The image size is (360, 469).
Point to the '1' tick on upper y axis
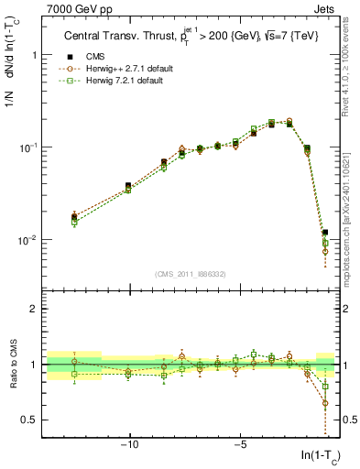(x=36, y=55)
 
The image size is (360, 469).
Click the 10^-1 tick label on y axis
(x=31, y=147)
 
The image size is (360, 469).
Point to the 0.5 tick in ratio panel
(x=30, y=420)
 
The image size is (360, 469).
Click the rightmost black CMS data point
(x=325, y=233)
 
